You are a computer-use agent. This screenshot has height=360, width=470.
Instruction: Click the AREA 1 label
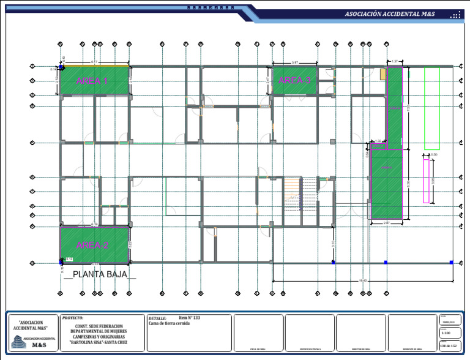92,81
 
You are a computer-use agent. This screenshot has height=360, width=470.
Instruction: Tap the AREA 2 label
92,245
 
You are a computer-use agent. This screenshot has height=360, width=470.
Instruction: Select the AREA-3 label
294,80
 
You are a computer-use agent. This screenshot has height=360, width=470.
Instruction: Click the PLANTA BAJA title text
100,274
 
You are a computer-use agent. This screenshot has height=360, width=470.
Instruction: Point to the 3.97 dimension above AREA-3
294,62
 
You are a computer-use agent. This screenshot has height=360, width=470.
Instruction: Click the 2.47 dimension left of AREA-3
267,80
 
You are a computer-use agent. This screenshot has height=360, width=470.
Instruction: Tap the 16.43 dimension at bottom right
362,280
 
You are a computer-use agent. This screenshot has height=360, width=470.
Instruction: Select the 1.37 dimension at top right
395,61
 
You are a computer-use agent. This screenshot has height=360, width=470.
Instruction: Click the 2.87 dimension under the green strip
387,223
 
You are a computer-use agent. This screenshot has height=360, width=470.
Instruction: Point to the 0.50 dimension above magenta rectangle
434,154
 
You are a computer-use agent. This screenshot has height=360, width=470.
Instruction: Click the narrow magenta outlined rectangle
426,181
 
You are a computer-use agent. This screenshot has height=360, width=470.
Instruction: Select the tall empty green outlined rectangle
432,108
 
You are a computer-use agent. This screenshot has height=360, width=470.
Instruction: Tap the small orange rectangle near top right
383,74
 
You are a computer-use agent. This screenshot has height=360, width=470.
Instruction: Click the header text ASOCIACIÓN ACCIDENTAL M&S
390,13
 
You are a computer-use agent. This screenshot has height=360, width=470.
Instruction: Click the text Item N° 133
190,318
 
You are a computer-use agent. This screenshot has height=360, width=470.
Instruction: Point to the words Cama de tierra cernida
170,323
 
